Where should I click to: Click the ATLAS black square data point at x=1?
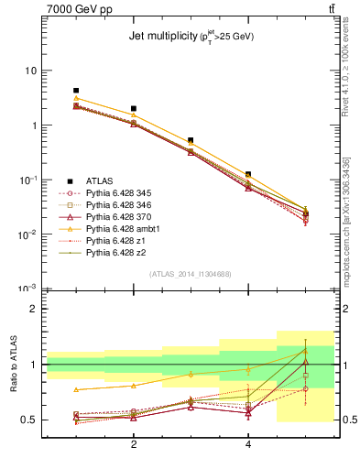click(76, 91)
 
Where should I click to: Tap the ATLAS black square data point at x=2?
click(134, 109)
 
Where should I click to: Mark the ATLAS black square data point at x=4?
click(248, 174)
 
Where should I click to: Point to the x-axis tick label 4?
click(248, 444)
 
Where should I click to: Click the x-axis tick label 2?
click(134, 444)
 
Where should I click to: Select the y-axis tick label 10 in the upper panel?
click(30, 71)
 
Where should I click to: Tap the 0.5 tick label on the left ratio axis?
click(28, 420)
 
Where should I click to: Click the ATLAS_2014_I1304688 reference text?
click(191, 274)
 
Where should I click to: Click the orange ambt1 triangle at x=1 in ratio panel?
click(76, 389)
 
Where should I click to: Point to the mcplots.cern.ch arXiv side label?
click(352, 211)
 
